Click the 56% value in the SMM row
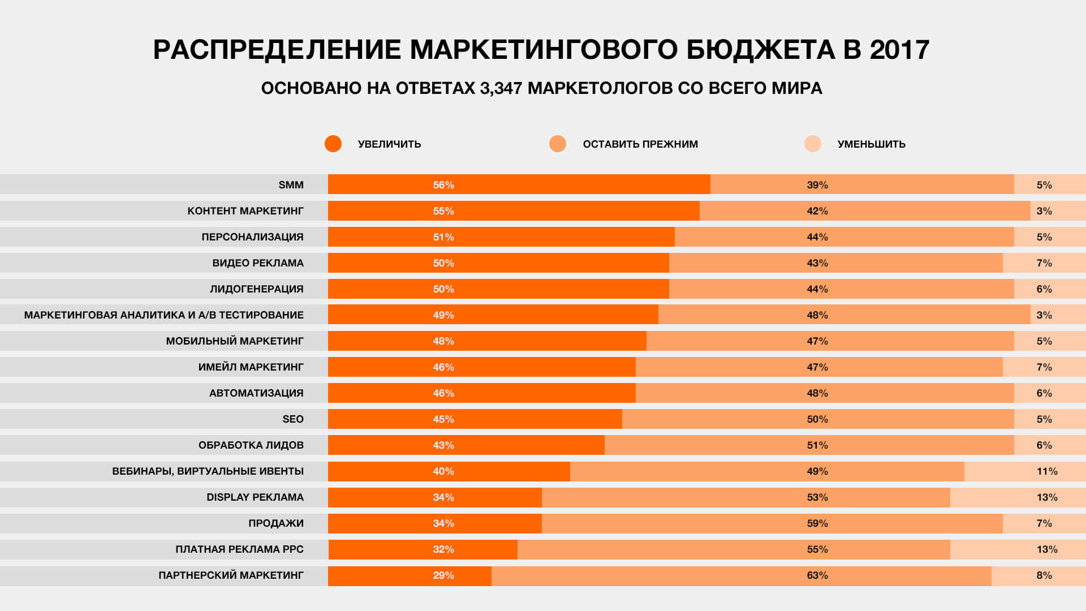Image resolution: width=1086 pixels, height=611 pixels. [443, 185]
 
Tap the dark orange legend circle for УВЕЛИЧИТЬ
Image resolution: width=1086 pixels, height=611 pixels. [333, 144]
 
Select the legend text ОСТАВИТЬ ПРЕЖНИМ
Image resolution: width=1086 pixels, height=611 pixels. [640, 144]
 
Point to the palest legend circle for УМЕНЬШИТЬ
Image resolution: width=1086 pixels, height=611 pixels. [813, 144]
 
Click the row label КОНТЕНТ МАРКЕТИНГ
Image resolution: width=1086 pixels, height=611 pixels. [245, 211]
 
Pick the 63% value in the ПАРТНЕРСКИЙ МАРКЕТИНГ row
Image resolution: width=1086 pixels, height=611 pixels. [817, 575]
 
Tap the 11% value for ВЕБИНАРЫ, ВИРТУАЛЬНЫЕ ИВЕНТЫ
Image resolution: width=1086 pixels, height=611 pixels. [1046, 471]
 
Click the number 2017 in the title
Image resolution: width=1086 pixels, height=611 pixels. [899, 50]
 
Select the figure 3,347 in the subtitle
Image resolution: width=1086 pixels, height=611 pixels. [501, 88]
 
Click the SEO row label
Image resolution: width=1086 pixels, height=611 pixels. [293, 419]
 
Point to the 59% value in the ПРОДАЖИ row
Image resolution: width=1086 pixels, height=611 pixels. [817, 523]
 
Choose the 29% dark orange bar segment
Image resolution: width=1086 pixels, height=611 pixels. [410, 575]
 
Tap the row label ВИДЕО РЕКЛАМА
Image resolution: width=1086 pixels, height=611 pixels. [258, 263]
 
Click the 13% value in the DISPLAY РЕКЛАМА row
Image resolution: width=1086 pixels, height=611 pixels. [1046, 497]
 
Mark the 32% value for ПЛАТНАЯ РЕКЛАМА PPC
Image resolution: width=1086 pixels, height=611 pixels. [443, 549]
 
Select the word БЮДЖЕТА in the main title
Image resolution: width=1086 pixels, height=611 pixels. [760, 50]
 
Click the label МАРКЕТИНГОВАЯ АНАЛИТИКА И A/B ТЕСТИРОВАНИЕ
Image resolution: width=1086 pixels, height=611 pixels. [163, 315]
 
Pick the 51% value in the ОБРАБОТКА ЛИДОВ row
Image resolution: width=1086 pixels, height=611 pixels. [817, 445]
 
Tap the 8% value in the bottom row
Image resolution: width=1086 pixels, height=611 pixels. [1044, 575]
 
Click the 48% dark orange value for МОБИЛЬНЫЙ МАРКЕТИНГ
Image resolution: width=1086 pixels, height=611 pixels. [443, 341]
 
